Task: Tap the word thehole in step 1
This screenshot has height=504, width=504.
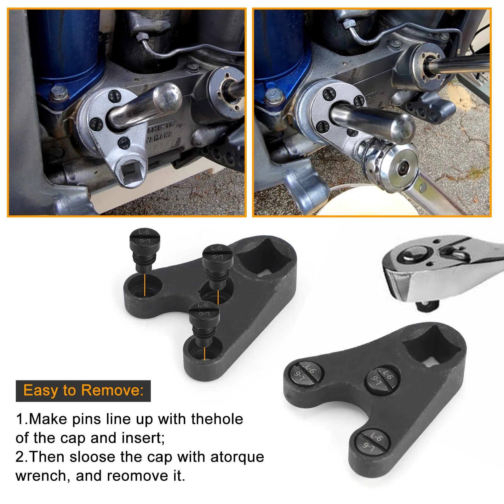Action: [x=217, y=419]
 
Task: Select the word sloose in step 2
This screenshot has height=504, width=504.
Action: [x=92, y=457]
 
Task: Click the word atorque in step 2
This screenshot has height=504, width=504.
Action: [x=237, y=457]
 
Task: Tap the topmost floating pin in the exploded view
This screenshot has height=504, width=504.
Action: [x=145, y=249]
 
